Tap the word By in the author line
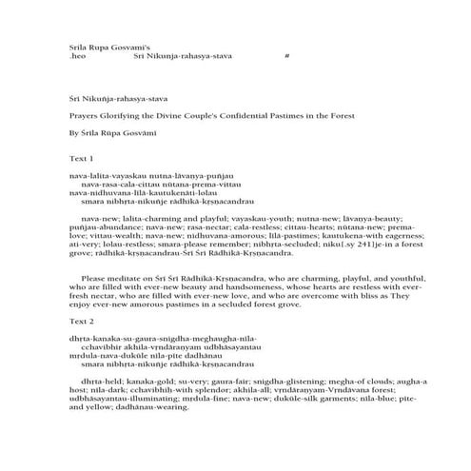coord(62,135)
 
